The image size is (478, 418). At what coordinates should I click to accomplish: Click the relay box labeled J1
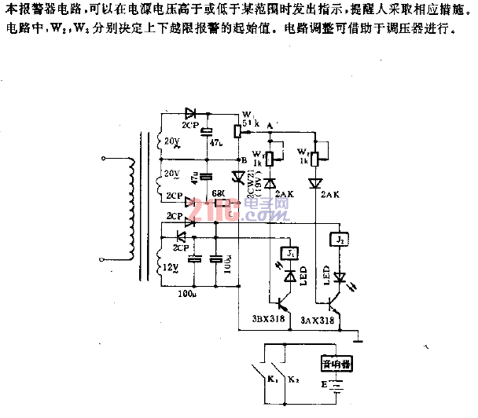coord(290,254)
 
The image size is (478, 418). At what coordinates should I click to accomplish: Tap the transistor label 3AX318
coord(318,321)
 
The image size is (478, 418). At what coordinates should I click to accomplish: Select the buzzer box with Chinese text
coord(336,365)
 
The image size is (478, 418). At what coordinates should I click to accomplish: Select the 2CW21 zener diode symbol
coord(239,179)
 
